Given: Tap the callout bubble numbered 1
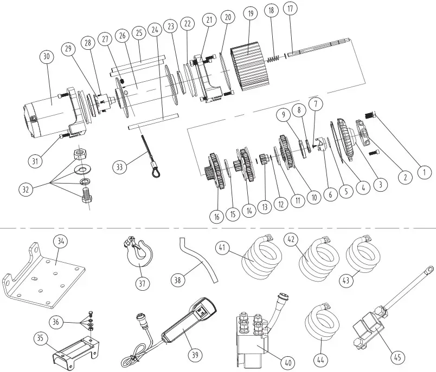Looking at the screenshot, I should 425,173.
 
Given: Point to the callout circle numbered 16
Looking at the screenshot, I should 216,217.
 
